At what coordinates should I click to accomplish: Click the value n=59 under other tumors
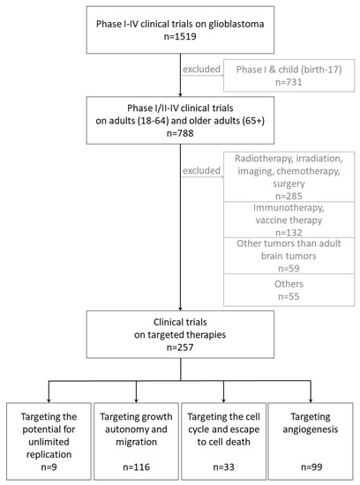(x=286, y=287)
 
